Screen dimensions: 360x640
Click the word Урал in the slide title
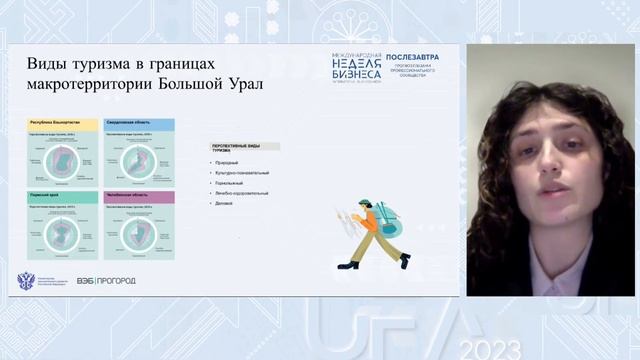point(244,84)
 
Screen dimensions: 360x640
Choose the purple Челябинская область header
point(139,197)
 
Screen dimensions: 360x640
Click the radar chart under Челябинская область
point(139,232)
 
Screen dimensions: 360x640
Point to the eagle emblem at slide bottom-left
point(27,281)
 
